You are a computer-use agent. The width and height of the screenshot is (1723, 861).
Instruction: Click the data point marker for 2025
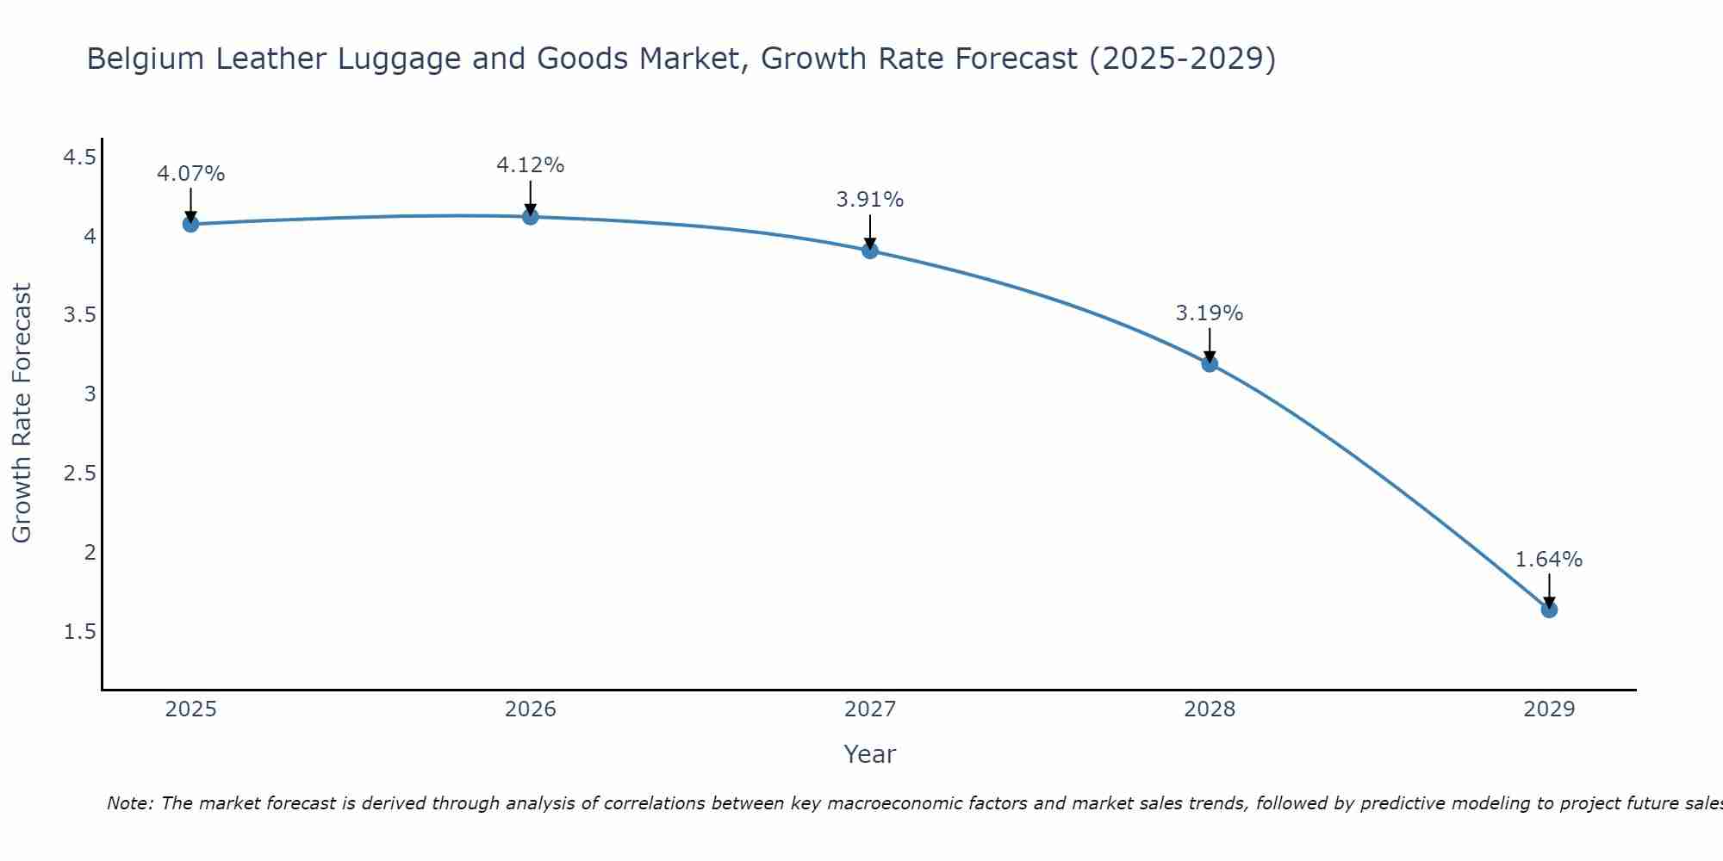tap(191, 224)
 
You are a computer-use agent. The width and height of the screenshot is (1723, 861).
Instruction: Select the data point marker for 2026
tap(531, 216)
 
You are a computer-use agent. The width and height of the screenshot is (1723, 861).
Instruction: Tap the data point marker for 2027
tap(870, 251)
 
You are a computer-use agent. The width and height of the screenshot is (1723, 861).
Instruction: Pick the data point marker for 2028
tap(1210, 363)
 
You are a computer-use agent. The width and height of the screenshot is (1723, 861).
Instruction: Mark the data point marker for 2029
tap(1549, 610)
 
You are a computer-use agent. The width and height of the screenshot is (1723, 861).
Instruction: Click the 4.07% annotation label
tap(191, 174)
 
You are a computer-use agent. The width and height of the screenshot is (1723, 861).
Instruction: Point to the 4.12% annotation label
tap(531, 165)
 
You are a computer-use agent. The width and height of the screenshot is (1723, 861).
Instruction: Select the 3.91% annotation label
tap(870, 200)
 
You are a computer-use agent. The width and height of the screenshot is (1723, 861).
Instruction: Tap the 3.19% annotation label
tap(1210, 313)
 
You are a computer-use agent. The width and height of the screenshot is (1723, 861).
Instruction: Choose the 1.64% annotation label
tap(1549, 560)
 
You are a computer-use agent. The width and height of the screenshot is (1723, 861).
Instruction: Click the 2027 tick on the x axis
tap(870, 709)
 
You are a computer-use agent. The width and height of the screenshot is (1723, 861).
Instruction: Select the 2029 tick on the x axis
tap(1549, 709)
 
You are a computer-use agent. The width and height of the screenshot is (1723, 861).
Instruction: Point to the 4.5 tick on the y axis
tap(79, 157)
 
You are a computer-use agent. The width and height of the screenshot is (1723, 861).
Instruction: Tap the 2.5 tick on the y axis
tap(79, 474)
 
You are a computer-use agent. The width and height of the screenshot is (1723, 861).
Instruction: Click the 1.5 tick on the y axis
tap(79, 632)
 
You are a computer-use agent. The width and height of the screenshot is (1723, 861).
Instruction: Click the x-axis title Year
tap(870, 754)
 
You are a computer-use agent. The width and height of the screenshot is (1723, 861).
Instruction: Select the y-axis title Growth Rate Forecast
tap(22, 413)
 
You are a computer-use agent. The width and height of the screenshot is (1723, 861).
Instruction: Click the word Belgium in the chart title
tap(146, 59)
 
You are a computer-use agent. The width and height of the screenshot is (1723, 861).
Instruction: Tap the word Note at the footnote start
tap(129, 803)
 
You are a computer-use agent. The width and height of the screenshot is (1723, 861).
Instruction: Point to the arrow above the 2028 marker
tap(1210, 344)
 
